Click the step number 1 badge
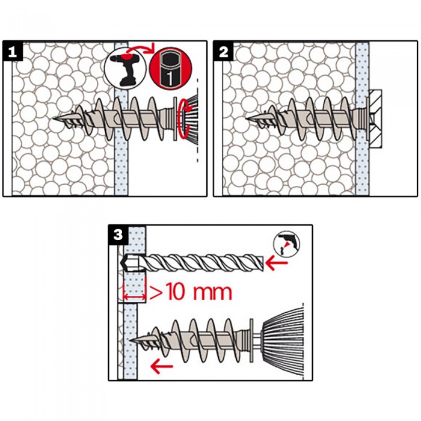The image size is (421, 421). (13, 51)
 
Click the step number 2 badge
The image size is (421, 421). (223, 51)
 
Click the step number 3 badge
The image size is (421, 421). (118, 235)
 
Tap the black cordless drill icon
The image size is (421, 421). (125, 68)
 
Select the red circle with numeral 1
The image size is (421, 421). (171, 68)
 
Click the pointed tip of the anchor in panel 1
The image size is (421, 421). (54, 118)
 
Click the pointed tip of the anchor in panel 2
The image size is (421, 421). (247, 118)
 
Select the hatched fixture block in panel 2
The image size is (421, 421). (375, 119)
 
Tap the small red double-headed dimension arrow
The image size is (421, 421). (134, 297)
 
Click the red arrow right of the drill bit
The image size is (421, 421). (276, 263)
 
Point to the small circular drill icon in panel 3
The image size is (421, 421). (286, 244)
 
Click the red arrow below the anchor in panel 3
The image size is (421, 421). (162, 366)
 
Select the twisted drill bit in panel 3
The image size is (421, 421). (191, 262)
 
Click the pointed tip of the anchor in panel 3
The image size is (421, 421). (129, 340)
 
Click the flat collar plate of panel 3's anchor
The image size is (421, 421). (251, 340)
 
